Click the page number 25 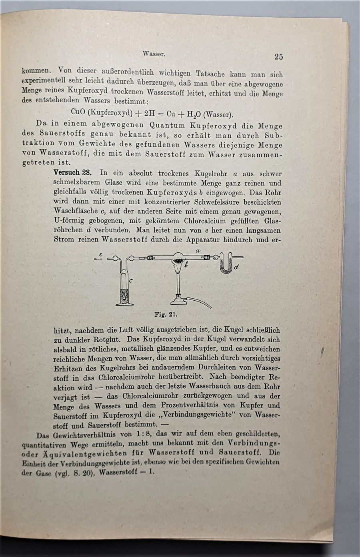coord(279,57)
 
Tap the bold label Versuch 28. coord(73,173)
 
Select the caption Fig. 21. coord(166,314)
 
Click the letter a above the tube coord(198,250)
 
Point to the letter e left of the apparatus coord(100,254)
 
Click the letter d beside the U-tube coord(236,267)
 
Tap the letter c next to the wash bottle coord(131,280)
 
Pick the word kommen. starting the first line coord(36,71)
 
